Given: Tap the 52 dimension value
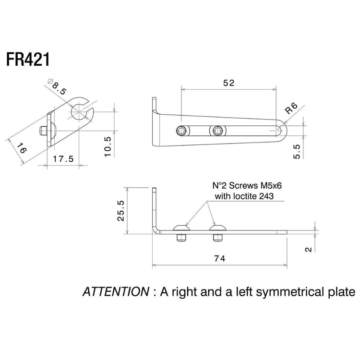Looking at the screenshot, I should (x=229, y=83).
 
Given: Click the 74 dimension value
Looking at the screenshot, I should (x=219, y=259).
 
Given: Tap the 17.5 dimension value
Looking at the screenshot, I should (x=63, y=159).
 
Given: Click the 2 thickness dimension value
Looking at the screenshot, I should (x=309, y=249).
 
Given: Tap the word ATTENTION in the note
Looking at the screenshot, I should (x=116, y=291).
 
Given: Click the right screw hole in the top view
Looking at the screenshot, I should (x=218, y=130).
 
